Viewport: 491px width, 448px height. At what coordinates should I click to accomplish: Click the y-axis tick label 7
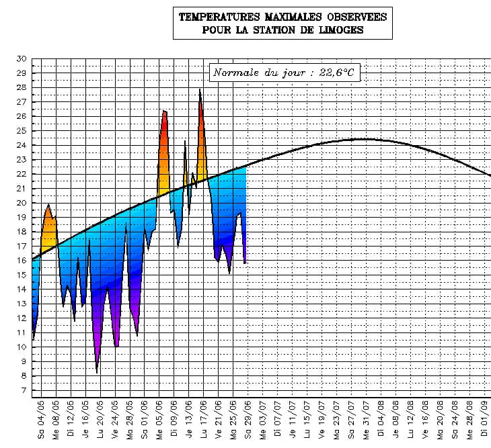[x=24, y=390]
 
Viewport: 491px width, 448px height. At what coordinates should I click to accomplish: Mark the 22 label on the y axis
[x=22, y=174]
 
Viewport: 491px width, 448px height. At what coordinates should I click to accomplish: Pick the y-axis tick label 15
[x=22, y=275]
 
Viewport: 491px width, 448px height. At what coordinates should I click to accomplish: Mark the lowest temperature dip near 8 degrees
[x=97, y=371]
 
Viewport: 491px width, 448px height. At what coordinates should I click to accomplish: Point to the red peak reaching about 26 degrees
[x=163, y=112]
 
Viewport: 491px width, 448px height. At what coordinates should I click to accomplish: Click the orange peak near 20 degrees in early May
[x=48, y=206]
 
